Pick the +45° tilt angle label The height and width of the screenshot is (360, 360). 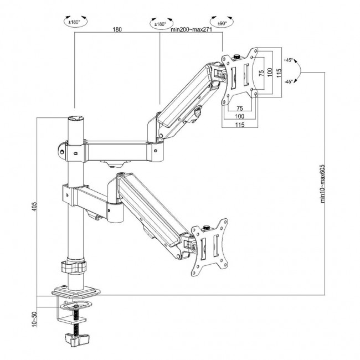288,59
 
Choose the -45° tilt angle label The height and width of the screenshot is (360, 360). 288,81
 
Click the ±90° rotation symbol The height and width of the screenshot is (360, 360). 222,23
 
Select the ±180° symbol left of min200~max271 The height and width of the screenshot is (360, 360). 159,23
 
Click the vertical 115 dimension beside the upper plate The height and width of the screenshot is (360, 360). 280,72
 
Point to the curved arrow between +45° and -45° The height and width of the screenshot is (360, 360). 300,71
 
